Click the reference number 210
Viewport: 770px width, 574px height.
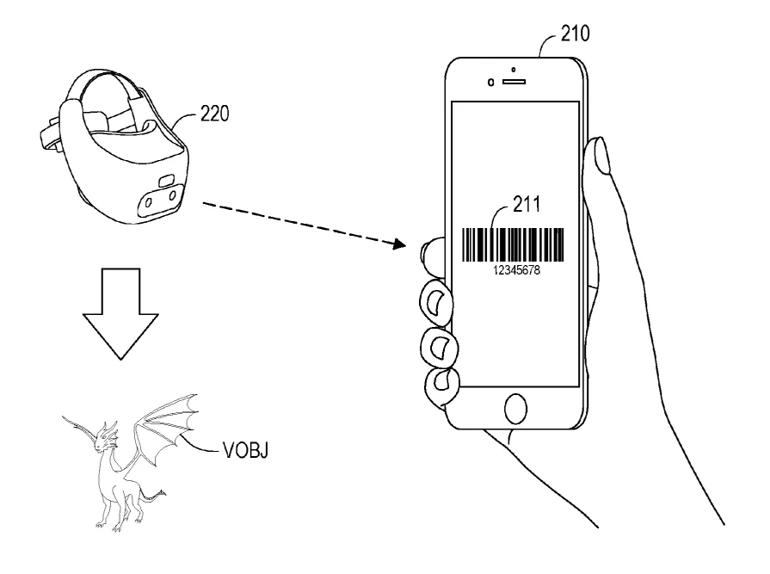pyautogui.click(x=575, y=34)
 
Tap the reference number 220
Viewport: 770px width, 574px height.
pyautogui.click(x=214, y=114)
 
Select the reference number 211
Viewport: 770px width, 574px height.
pyautogui.click(x=527, y=204)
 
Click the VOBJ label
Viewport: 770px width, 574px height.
pyautogui.click(x=245, y=450)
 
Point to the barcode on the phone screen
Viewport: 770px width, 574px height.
pyautogui.click(x=513, y=244)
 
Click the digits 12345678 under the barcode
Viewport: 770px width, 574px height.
pyautogui.click(x=516, y=270)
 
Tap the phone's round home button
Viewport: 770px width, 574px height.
pyautogui.click(x=515, y=408)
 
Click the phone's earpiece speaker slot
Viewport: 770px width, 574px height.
pyautogui.click(x=514, y=82)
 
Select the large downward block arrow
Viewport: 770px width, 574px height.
pyautogui.click(x=120, y=314)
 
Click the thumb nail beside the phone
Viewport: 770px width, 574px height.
pyautogui.click(x=601, y=155)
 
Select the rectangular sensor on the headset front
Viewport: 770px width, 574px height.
pyautogui.click(x=166, y=180)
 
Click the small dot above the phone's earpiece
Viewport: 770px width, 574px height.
pyautogui.click(x=514, y=70)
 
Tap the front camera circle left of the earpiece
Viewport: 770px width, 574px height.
pyautogui.click(x=490, y=83)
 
